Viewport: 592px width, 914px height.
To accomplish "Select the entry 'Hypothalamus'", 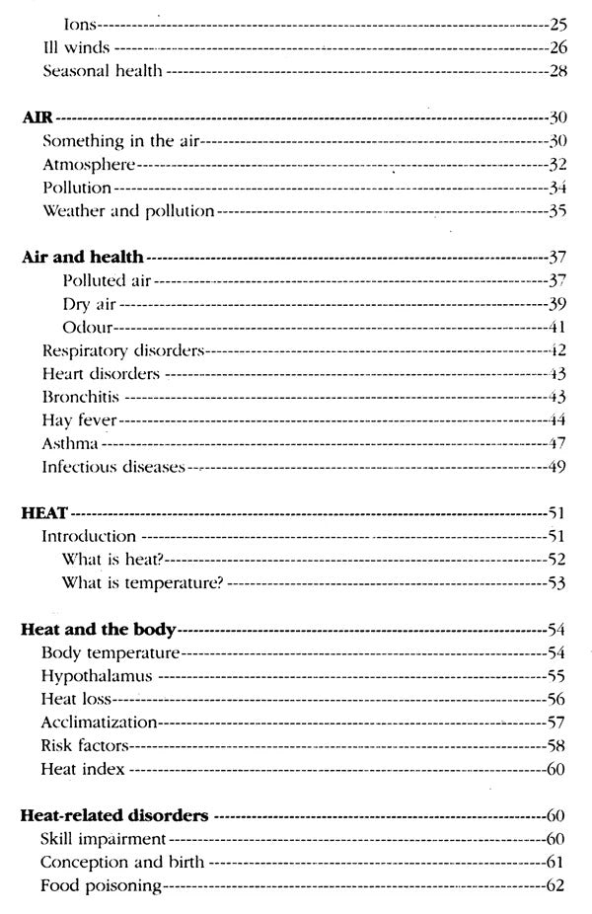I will point(97,676).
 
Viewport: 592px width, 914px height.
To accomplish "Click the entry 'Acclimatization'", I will point(100,722).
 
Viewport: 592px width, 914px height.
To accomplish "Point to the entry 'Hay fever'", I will point(79,420).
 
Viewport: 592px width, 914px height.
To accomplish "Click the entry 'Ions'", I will point(80,23).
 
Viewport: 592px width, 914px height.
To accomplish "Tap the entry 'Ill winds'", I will point(76,46).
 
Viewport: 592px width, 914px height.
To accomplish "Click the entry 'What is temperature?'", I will point(141,583).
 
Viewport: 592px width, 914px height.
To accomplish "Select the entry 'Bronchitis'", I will point(82,397).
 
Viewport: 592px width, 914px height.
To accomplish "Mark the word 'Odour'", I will point(85,327).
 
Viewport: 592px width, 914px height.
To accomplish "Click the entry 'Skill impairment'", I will point(102,839).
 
